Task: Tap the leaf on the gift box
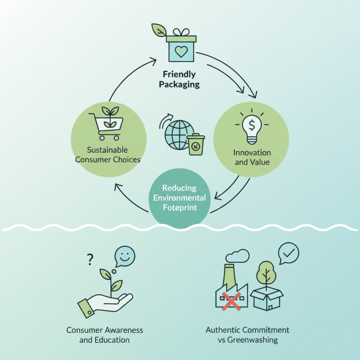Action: pyautogui.click(x=159, y=30)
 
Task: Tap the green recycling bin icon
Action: pyautogui.click(x=196, y=145)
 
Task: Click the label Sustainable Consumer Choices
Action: pyautogui.click(x=108, y=154)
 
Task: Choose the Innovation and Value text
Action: pyautogui.click(x=252, y=157)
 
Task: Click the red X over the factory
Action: pyautogui.click(x=232, y=300)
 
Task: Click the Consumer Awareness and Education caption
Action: pyautogui.click(x=104, y=335)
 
